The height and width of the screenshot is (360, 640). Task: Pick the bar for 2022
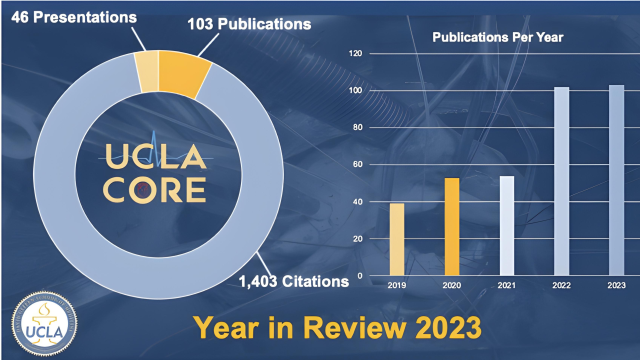[561, 181]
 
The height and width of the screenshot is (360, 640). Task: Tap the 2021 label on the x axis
[507, 285]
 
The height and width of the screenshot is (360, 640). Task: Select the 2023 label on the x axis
[616, 285]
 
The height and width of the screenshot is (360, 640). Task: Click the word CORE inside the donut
[155, 189]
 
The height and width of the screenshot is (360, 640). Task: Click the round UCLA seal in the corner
[37, 324]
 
